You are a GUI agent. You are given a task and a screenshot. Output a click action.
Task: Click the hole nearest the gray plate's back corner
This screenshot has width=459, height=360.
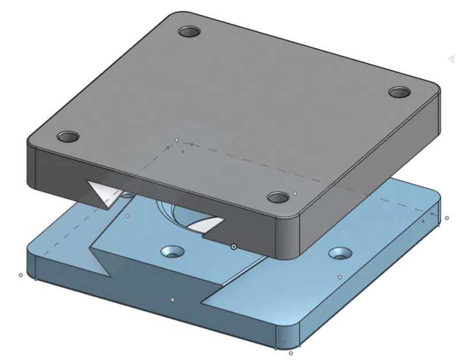point(188,32)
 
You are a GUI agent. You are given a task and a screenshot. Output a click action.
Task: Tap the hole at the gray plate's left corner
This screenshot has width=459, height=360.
point(68,137)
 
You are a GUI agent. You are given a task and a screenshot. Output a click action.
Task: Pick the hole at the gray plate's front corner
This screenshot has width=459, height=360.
point(279,198)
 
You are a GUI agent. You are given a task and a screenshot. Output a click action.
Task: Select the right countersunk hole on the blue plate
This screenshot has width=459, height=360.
point(339,253)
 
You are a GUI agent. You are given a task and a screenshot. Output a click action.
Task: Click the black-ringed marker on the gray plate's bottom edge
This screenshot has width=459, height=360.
point(233,247)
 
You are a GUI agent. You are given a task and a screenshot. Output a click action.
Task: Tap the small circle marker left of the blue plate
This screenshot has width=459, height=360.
point(21,275)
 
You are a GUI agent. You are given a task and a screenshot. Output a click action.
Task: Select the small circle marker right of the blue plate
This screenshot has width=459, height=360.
point(446,218)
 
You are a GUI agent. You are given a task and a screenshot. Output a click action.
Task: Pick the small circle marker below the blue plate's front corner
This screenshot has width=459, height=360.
point(291,353)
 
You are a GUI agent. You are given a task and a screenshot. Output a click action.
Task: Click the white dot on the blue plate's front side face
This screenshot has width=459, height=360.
point(172,300)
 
